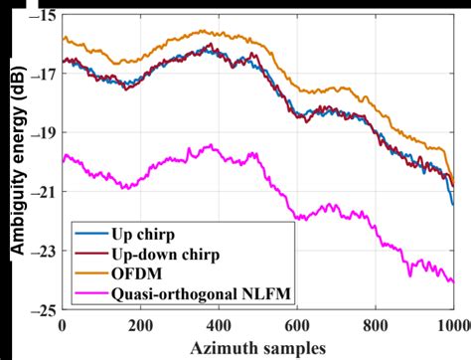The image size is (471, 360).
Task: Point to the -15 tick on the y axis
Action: pyautogui.click(x=44, y=17)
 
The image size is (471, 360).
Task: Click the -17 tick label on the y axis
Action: pyautogui.click(x=44, y=74)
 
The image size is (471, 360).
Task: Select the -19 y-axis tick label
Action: pyautogui.click(x=44, y=132)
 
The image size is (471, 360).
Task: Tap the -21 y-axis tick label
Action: pyautogui.click(x=44, y=191)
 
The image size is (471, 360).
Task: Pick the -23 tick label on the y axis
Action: pyautogui.click(x=44, y=251)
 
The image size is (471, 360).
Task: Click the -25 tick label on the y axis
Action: pyautogui.click(x=44, y=309)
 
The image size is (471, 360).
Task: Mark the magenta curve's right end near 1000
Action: pyautogui.click(x=452, y=281)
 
